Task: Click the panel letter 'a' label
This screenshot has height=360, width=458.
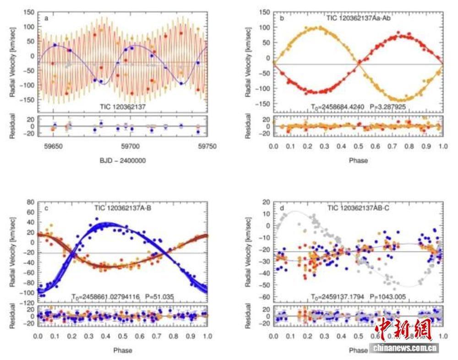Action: (47, 18)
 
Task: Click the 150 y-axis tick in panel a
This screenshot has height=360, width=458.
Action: (28, 13)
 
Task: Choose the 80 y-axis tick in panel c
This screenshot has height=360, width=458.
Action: (30, 202)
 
